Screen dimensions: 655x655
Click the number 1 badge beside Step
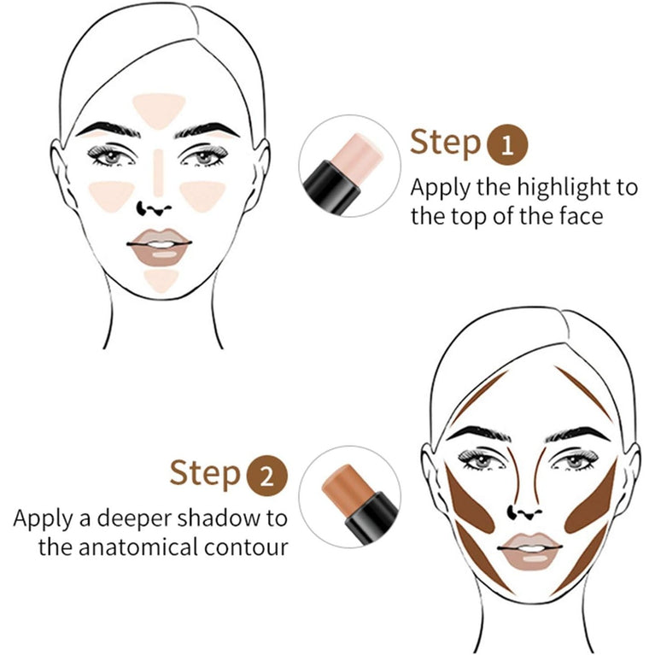point(507,145)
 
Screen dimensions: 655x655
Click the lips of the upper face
point(159,244)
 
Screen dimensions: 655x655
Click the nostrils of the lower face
point(519,512)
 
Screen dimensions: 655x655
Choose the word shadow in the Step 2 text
point(213,518)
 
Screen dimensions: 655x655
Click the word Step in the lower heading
point(204,473)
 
